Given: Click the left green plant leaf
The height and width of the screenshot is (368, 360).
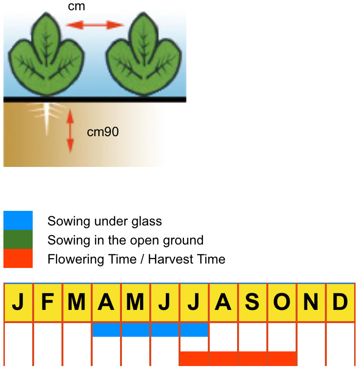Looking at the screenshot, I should (47, 56).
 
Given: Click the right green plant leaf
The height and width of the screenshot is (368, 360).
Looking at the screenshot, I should (143, 56).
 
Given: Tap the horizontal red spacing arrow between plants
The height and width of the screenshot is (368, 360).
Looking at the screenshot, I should (96, 24).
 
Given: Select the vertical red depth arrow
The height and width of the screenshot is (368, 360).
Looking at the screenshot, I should (70, 131).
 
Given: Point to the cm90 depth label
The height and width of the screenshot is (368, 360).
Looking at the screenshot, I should (102, 132).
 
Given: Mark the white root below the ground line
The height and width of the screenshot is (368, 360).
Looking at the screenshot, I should (47, 117).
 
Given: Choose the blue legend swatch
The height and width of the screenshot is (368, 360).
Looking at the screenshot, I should (18, 221).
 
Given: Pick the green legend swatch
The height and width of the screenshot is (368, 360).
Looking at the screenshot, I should (18, 240).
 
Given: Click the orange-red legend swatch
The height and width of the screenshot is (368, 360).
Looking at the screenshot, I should (18, 258).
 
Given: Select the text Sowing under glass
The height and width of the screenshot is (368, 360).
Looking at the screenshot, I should (104, 221).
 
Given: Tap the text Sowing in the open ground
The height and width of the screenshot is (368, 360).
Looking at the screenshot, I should (125, 240).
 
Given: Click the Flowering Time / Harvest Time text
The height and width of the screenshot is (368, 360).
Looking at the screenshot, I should (136, 259).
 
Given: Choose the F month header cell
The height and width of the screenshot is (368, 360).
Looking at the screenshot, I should (47, 303).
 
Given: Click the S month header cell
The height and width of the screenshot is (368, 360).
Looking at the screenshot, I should (252, 303).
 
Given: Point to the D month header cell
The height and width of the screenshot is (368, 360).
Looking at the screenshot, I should (340, 303).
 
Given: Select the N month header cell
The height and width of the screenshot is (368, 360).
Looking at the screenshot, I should (311, 303).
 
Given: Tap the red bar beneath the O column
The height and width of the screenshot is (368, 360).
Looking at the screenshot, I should (281, 359).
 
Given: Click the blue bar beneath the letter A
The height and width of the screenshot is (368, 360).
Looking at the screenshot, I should (106, 330).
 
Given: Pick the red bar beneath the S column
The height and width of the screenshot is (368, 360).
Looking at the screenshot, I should (252, 359).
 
